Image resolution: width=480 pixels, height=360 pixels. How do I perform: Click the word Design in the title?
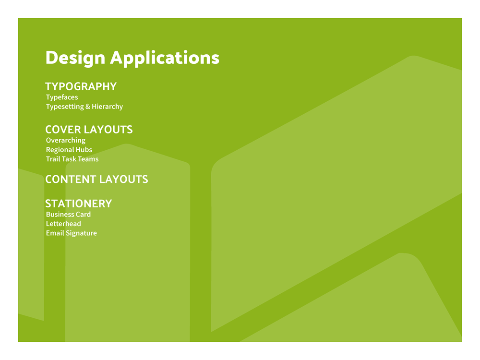(75, 58)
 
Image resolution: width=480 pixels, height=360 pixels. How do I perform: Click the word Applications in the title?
(165, 58)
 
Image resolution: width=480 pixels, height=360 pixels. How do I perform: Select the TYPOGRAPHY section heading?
(81, 86)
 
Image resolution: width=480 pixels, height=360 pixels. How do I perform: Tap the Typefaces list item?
(62, 97)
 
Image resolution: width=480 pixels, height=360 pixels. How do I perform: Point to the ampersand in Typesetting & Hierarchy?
(88, 107)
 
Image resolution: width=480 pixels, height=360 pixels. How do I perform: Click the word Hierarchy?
(107, 107)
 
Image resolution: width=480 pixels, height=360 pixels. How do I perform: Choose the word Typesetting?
(65, 107)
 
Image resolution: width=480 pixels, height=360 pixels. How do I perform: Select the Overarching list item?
(65, 141)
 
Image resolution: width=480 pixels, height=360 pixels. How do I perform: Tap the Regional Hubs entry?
(69, 150)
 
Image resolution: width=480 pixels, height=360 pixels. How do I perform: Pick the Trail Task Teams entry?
(72, 159)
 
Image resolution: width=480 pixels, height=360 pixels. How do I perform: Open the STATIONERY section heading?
(78, 204)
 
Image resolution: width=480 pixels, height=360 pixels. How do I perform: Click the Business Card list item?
(68, 214)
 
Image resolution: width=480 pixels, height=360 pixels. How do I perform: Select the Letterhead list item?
(63, 224)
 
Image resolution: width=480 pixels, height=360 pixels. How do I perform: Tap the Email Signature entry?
(72, 233)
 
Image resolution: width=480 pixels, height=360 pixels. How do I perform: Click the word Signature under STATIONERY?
(81, 233)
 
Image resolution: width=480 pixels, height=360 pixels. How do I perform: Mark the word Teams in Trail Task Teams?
(88, 159)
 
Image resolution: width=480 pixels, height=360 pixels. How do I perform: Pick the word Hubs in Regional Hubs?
(84, 150)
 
